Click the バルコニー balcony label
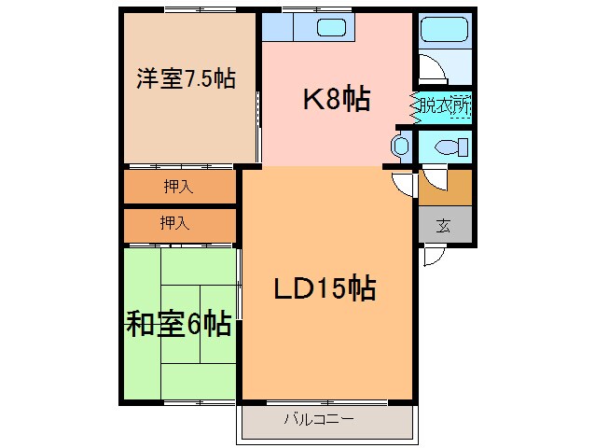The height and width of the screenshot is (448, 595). click(319, 420)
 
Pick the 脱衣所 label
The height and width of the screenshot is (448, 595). click(444, 105)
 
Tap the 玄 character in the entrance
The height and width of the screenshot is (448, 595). click(444, 225)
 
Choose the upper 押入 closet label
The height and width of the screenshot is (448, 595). click(178, 187)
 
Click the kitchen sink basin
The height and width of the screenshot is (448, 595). click(331, 27)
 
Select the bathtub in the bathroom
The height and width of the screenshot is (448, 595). click(445, 29)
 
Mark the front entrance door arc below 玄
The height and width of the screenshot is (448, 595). click(432, 255)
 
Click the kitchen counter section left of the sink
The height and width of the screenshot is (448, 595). click(277, 27)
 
